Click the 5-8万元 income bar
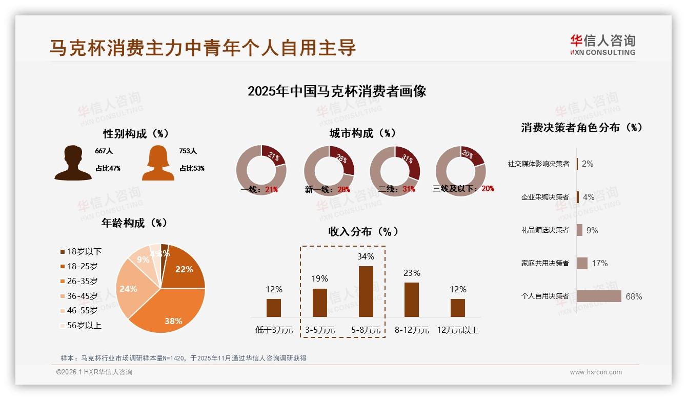tap(366, 291)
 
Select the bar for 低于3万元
tap(274, 308)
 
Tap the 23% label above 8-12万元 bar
tap(412, 273)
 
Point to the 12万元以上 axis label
tap(457, 330)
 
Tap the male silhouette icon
tap(73, 163)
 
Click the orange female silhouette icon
tap(158, 163)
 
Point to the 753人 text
tap(188, 151)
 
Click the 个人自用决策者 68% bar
tap(598, 296)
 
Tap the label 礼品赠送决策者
tap(544, 230)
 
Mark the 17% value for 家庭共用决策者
tap(599, 263)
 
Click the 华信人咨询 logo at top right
tap(602, 45)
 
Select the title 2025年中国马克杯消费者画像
tap(337, 91)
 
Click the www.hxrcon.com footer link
tap(596, 372)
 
